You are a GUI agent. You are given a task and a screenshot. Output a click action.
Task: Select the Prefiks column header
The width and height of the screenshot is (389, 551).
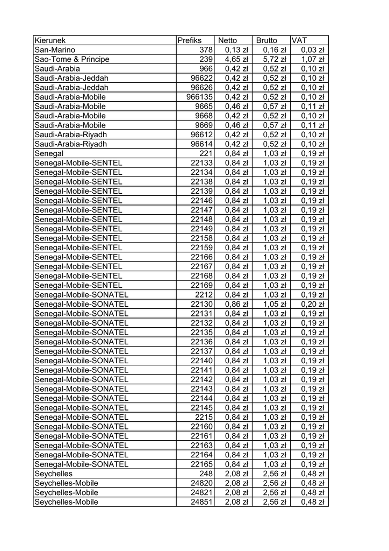[189, 40]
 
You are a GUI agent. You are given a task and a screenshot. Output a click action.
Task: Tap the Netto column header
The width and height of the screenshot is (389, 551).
[227, 40]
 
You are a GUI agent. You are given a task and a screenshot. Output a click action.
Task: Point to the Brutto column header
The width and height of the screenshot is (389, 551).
[267, 40]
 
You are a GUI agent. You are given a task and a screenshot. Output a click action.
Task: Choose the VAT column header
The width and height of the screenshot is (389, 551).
[299, 40]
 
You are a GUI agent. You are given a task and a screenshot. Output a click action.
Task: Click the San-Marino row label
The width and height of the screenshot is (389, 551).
[55, 50]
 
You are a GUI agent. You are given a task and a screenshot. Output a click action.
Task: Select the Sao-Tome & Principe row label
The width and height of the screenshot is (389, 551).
[71, 59]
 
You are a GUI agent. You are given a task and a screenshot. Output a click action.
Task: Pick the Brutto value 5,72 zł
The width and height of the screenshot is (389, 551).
[275, 59]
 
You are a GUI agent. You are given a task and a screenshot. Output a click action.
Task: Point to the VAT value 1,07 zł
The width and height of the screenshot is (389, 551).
[312, 59]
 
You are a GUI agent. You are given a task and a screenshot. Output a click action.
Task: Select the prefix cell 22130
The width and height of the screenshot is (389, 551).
[202, 304]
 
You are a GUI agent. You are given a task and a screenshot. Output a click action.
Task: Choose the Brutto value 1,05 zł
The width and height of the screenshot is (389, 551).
[275, 304]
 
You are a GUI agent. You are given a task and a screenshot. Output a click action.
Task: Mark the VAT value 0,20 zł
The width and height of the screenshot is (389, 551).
[312, 304]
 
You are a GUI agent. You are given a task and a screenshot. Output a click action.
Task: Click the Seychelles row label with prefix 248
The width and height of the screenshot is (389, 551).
[53, 474]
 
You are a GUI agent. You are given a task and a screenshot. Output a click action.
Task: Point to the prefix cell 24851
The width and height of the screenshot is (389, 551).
[202, 502]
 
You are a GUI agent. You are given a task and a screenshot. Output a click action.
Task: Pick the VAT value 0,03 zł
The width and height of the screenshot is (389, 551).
[312, 50]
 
